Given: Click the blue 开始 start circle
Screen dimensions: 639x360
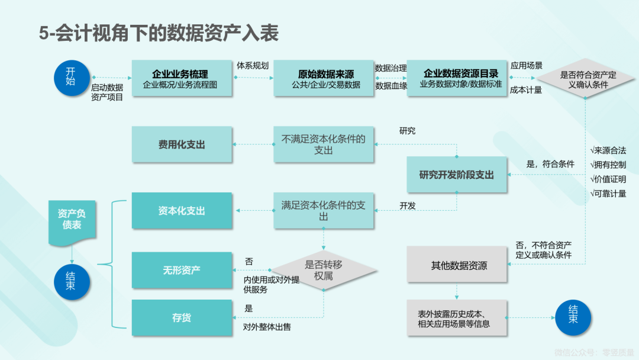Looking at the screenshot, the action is click(x=72, y=78).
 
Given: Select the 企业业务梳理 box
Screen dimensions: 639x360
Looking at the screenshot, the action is click(x=182, y=78).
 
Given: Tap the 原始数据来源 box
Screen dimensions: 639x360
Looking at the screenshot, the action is click(x=324, y=78).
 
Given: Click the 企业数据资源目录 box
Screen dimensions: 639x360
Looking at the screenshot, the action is click(x=457, y=78).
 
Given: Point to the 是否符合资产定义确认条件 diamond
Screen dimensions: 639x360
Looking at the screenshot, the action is click(x=585, y=79).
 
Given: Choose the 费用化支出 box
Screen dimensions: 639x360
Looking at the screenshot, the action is click(x=182, y=144).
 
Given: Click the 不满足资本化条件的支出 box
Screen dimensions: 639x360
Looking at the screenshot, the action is click(x=324, y=144).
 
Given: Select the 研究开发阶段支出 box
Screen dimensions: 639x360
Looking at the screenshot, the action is click(x=457, y=175).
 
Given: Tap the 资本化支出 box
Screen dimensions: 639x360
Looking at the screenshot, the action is click(x=182, y=210).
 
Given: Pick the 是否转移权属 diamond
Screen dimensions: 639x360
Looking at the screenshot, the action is click(x=324, y=270).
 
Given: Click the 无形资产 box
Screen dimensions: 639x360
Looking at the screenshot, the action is click(x=182, y=270).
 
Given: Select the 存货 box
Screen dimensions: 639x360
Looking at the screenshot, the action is click(x=182, y=317).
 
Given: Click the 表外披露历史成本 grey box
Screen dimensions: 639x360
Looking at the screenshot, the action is click(x=457, y=318).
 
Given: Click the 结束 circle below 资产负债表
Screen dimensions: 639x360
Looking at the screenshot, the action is click(x=72, y=282).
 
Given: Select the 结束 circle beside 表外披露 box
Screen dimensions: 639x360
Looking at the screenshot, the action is click(x=573, y=317).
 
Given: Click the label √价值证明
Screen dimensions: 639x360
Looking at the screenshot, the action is click(x=608, y=179).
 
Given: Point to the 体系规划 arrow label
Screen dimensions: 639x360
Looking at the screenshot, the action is click(x=253, y=66).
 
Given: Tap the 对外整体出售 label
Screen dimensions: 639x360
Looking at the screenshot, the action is click(x=267, y=327).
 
